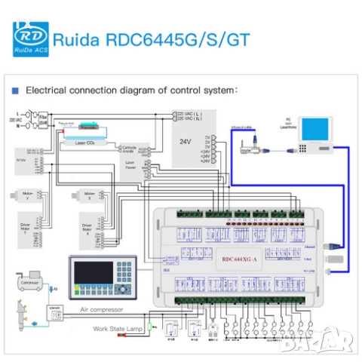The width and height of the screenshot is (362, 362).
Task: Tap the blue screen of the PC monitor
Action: click(311, 128)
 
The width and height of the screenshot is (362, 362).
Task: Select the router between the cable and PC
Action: click(251, 149)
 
